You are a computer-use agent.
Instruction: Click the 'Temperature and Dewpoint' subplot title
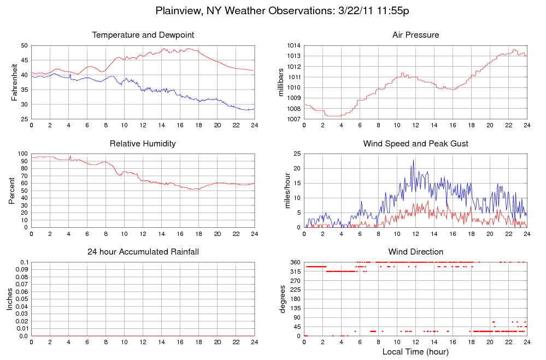(x=143, y=35)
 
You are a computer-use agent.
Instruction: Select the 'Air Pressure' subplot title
(x=415, y=35)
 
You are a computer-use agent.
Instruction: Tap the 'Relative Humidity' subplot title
(x=143, y=144)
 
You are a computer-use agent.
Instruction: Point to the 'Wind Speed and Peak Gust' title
(x=415, y=144)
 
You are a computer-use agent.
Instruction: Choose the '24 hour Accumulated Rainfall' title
(x=143, y=252)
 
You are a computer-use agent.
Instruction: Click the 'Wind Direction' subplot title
(x=415, y=252)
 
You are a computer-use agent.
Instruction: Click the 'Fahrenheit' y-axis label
(x=15, y=82)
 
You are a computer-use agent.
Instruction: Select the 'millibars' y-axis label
(x=282, y=82)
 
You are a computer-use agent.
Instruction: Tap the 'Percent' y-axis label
(x=12, y=191)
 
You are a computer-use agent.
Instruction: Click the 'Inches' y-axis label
(x=9, y=299)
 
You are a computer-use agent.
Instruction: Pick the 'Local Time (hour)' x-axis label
(x=415, y=351)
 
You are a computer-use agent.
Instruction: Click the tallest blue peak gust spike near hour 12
(x=414, y=160)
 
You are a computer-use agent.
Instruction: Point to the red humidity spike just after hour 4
(x=70, y=156)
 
